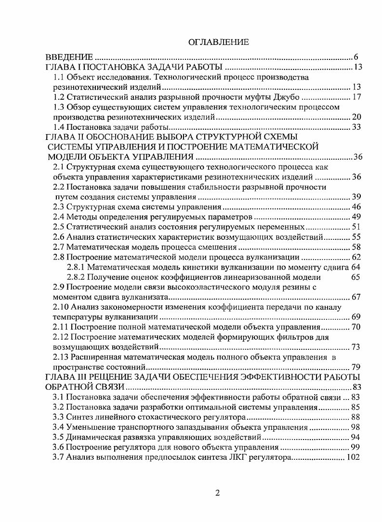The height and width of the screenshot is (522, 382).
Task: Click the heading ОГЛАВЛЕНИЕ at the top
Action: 218,42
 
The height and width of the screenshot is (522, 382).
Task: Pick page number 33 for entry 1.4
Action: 356,127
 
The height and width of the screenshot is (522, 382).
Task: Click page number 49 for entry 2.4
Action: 356,217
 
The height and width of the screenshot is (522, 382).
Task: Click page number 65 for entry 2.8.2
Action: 356,277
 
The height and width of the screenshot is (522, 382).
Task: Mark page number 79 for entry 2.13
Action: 356,367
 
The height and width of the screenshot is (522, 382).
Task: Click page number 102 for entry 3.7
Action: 354,457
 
